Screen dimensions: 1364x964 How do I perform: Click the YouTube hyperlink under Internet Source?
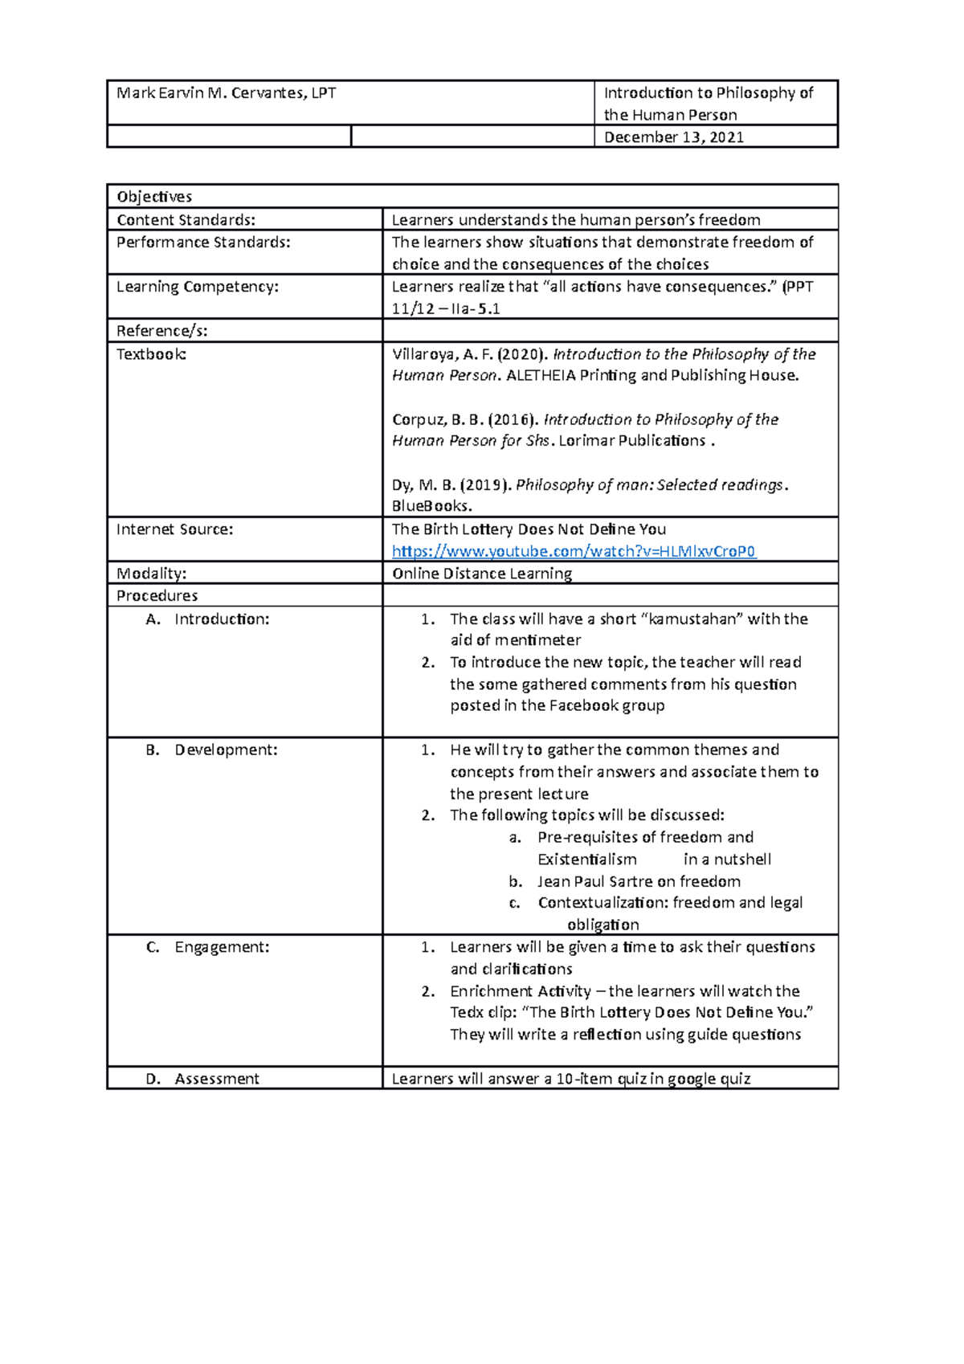(x=574, y=551)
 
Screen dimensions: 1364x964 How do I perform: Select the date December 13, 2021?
(x=673, y=137)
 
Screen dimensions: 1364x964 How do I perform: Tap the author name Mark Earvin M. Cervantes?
(x=226, y=93)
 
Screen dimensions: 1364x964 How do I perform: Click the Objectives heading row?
(x=154, y=197)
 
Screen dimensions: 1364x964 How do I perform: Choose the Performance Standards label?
(x=203, y=242)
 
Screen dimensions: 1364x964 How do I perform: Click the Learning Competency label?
(x=198, y=286)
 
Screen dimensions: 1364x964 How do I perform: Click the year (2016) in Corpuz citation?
(x=513, y=419)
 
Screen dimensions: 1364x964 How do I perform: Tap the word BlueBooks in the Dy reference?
(x=431, y=506)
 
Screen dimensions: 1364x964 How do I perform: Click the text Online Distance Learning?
(x=482, y=574)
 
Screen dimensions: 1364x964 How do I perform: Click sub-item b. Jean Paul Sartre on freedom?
(x=639, y=881)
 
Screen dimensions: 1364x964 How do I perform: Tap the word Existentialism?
(x=586, y=860)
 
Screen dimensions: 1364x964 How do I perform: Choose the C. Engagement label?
(x=208, y=947)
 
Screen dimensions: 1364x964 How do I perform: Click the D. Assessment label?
(x=202, y=1079)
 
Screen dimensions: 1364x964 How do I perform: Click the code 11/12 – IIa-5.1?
(x=446, y=308)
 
